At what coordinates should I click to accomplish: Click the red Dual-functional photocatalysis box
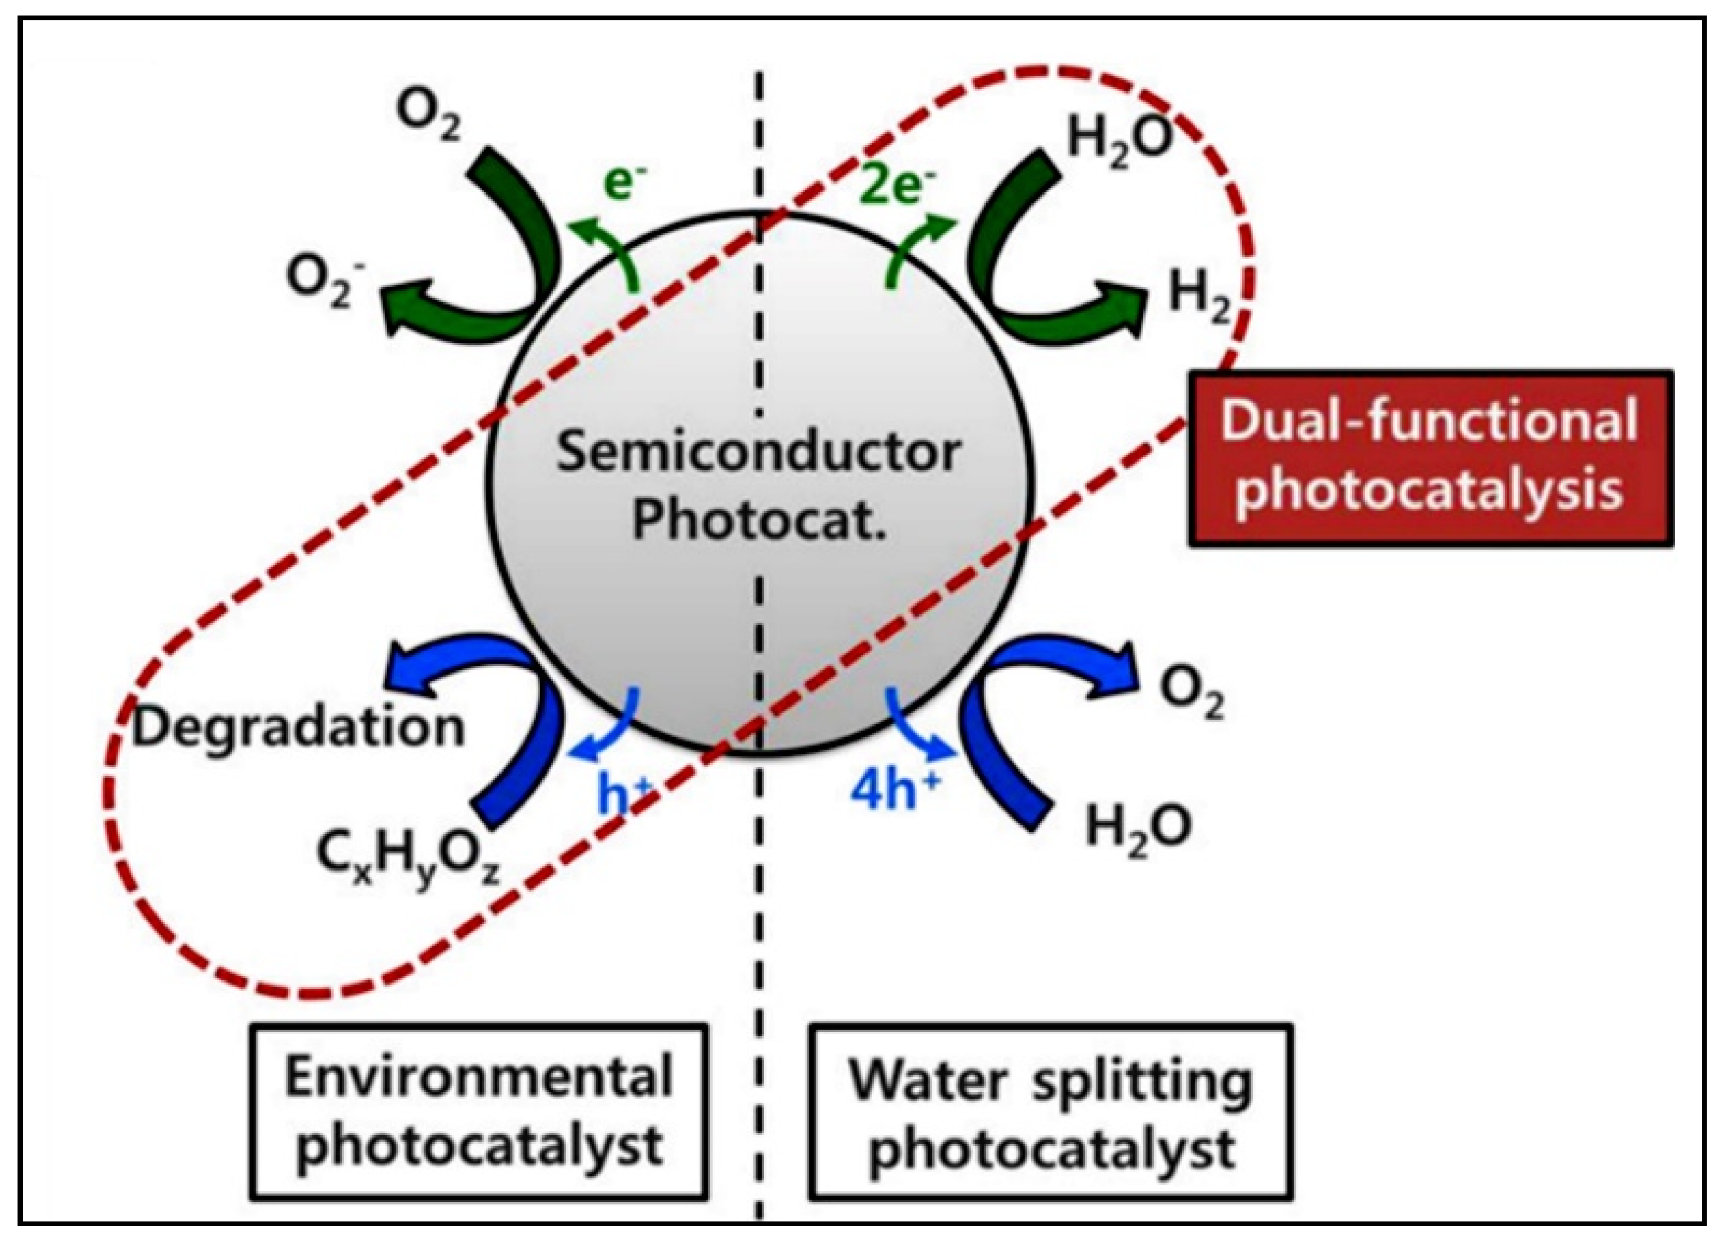coord(1430,458)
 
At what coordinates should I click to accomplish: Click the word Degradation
coord(298,727)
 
